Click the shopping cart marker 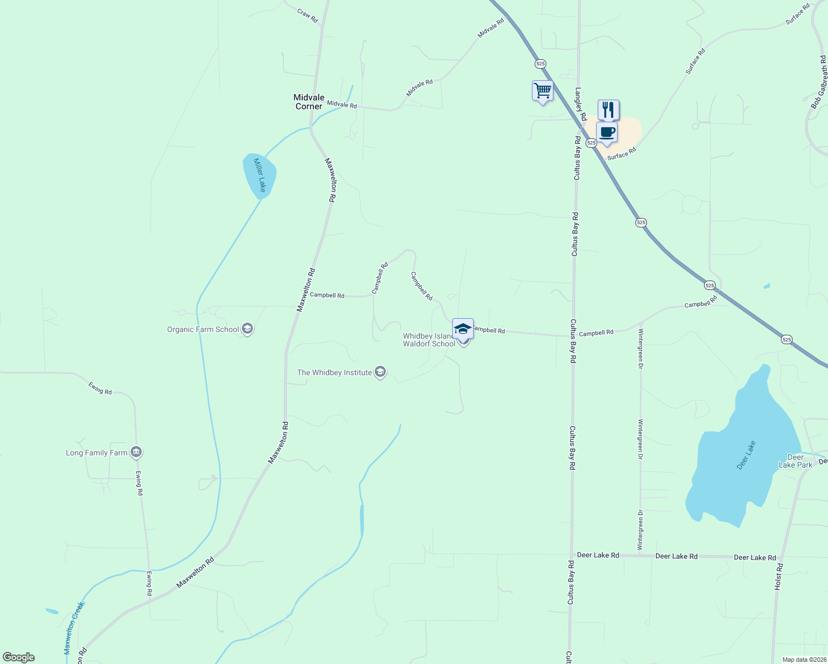pyautogui.click(x=542, y=91)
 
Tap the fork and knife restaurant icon pyautogui.click(x=608, y=110)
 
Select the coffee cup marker pyautogui.click(x=607, y=133)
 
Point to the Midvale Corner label pyautogui.click(x=309, y=102)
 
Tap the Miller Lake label pyautogui.click(x=260, y=175)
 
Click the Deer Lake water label pyautogui.click(x=746, y=455)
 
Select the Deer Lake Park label pyautogui.click(x=795, y=461)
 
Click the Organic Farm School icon pyautogui.click(x=247, y=329)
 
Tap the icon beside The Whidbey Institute pyautogui.click(x=380, y=372)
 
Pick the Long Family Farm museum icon pyautogui.click(x=136, y=453)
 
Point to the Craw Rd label pyautogui.click(x=308, y=15)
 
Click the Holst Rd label pyautogui.click(x=779, y=575)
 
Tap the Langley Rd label pyautogui.click(x=581, y=104)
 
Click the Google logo pyautogui.click(x=19, y=657)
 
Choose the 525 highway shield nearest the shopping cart pyautogui.click(x=541, y=64)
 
